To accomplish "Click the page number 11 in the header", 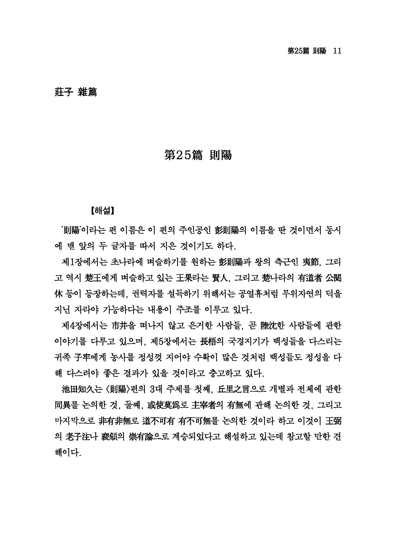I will tap(337, 51).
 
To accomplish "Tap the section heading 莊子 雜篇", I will tap(75, 92).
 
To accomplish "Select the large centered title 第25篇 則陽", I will tap(198, 155).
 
